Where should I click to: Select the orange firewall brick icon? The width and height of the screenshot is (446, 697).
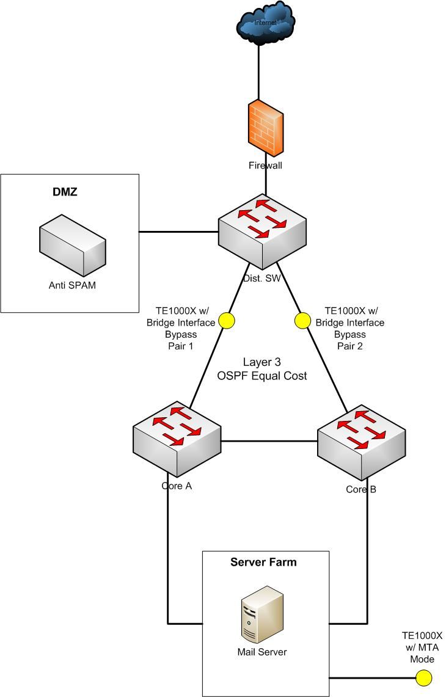pyautogui.click(x=265, y=128)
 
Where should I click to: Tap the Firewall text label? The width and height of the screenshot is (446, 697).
pyautogui.click(x=265, y=165)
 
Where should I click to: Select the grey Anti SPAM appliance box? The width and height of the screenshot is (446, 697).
pyautogui.click(x=71, y=250)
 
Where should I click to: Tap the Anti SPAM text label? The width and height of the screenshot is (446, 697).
pyautogui.click(x=71, y=285)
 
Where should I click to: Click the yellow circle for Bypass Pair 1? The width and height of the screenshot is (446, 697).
pyautogui.click(x=227, y=321)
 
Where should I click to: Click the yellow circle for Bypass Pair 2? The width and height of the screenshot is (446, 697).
pyautogui.click(x=302, y=320)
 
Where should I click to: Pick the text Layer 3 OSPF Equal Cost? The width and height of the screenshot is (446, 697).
pyautogui.click(x=262, y=370)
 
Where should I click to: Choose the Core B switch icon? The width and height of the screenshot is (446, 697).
pyautogui.click(x=361, y=438)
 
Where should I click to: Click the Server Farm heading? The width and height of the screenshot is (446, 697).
pyautogui.click(x=263, y=562)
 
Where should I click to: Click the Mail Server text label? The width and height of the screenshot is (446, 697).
pyautogui.click(x=261, y=652)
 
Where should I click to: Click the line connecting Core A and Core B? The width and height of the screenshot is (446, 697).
pyautogui.click(x=269, y=440)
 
